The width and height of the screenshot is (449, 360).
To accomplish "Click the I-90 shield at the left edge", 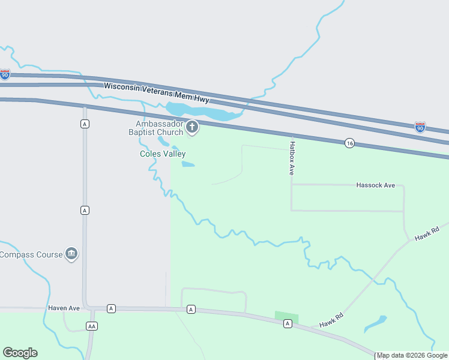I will [5, 74].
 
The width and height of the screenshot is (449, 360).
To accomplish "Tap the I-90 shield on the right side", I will [420, 127].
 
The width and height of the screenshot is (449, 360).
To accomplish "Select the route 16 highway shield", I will [349, 143].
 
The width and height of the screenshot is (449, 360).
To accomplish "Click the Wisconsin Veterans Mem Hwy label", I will [156, 92].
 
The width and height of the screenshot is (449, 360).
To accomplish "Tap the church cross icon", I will [192, 127].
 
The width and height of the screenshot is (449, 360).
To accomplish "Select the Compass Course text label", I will [31, 254].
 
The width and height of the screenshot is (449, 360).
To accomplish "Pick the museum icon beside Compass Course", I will [71, 254].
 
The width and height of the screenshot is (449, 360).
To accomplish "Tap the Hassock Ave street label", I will [375, 185].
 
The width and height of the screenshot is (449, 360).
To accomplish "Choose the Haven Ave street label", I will [64, 308].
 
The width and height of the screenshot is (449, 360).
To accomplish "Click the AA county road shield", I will [91, 326].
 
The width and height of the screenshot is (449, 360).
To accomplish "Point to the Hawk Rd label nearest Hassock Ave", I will [427, 233].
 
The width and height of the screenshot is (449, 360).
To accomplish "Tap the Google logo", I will [20, 353].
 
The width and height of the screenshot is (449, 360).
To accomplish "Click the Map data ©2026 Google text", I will [412, 355].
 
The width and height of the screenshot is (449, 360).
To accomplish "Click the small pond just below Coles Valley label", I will [188, 164].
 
